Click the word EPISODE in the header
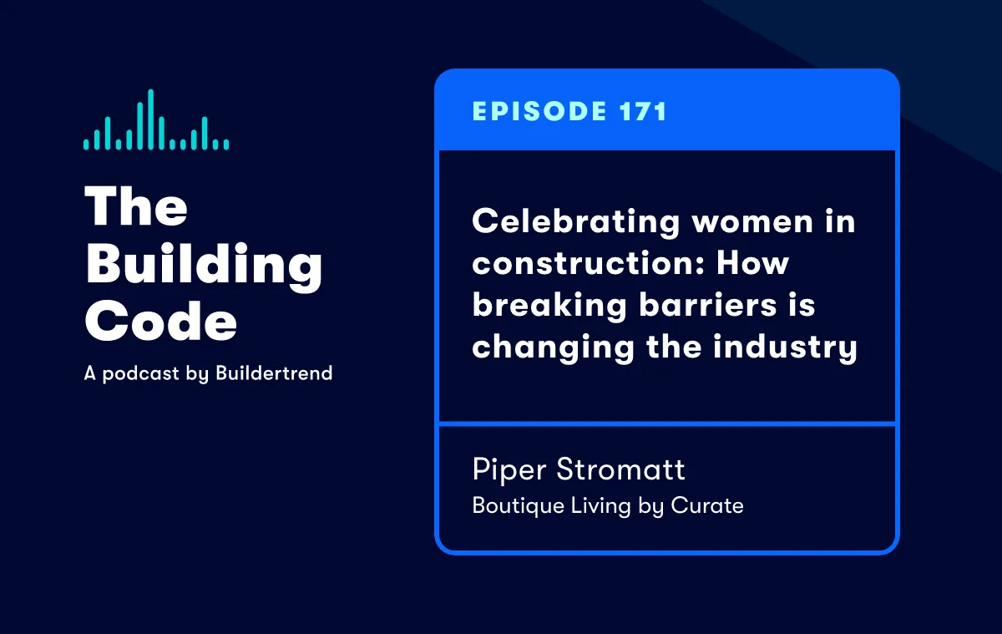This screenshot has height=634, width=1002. point(539,111)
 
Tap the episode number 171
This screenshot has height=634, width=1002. point(643,111)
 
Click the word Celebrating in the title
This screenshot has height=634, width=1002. point(575,222)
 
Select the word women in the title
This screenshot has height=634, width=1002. point(752,222)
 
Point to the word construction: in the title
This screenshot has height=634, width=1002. point(589,263)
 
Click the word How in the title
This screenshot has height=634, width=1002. point(753,262)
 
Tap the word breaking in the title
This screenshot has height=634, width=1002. point(549,306)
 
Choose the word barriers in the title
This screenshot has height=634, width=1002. point(708,304)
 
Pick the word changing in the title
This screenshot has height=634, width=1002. point(554,348)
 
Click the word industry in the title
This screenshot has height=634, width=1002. point(785,347)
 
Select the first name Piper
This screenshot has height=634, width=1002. point(509,470)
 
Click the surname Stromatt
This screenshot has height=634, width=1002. point(621,469)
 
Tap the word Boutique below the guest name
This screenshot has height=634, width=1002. point(519,506)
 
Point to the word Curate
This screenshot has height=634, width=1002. point(707,505)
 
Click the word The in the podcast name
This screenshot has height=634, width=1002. point(136,205)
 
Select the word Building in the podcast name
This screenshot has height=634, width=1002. point(204,266)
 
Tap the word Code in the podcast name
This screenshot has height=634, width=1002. point(161,321)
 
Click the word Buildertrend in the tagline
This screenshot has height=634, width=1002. point(274,373)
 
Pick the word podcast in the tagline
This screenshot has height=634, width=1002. point(141,374)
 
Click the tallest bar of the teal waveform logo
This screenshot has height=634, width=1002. point(151,119)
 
